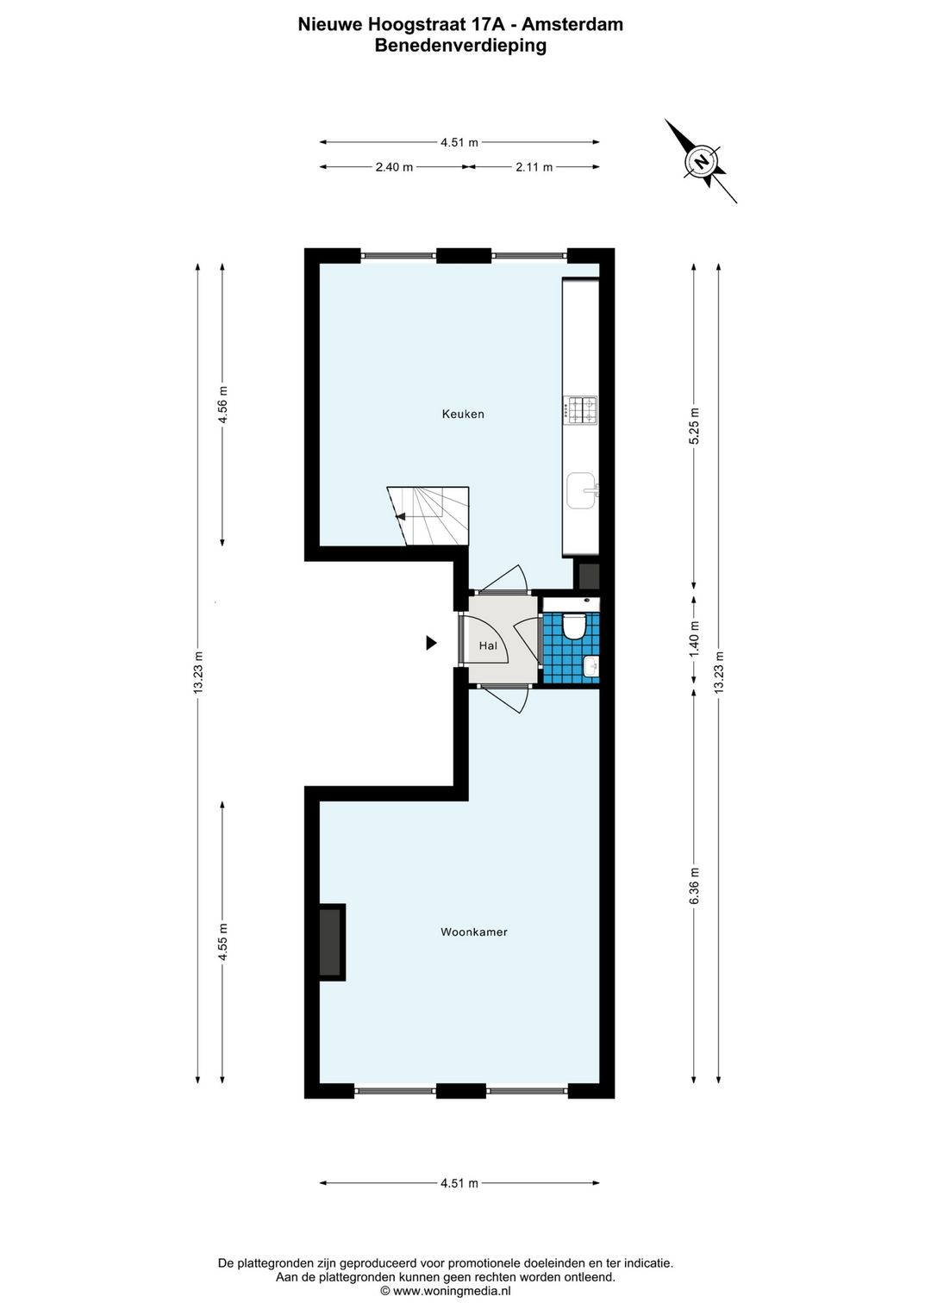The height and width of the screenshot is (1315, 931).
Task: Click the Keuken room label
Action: (x=463, y=414)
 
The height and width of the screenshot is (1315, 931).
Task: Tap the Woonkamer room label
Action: (x=473, y=932)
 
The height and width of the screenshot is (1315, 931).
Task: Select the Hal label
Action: (x=488, y=645)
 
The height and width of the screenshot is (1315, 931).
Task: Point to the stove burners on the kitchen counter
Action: (x=580, y=409)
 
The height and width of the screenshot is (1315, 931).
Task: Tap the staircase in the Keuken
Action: (x=428, y=516)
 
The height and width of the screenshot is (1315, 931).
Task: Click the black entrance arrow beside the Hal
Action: (x=431, y=643)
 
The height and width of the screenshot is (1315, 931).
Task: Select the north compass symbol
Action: (x=702, y=161)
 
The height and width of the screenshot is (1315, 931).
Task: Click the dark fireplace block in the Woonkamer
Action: (x=330, y=942)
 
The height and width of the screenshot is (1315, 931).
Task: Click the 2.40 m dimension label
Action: (x=394, y=167)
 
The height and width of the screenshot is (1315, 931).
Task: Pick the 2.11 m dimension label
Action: (x=534, y=167)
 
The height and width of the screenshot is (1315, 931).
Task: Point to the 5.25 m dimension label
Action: (x=695, y=425)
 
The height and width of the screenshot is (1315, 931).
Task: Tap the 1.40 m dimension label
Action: (x=695, y=639)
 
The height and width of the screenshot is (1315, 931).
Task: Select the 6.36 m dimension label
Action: (x=695, y=886)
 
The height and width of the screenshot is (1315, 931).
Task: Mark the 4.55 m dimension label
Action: (x=222, y=941)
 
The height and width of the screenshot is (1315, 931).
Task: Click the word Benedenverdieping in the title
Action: (x=460, y=47)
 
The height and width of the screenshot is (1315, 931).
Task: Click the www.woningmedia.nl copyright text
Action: (x=446, y=1291)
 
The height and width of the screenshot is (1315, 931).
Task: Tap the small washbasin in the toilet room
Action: (x=591, y=666)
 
